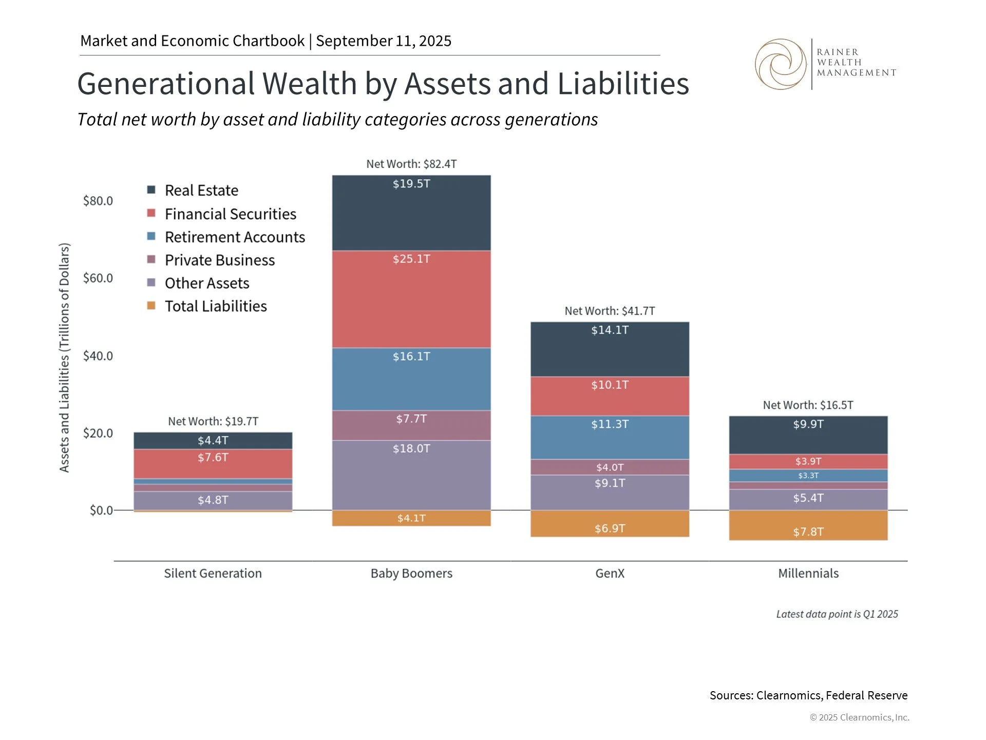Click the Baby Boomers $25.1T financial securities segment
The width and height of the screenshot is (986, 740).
pyautogui.click(x=411, y=299)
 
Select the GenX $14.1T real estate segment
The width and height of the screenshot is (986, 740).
pyautogui.click(x=610, y=349)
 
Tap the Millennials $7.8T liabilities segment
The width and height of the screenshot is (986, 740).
pyautogui.click(x=808, y=525)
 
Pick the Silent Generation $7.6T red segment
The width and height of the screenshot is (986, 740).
pyautogui.click(x=213, y=464)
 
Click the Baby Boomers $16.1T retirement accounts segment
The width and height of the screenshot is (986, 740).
pyautogui.click(x=411, y=379)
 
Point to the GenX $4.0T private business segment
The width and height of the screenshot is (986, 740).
pyautogui.click(x=610, y=467)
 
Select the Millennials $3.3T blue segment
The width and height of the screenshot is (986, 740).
pyautogui.click(x=808, y=475)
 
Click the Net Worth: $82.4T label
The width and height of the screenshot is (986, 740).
pyautogui.click(x=411, y=164)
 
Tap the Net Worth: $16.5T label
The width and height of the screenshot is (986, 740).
pyautogui.click(x=808, y=405)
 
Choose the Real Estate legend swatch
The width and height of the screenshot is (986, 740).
pyautogui.click(x=151, y=190)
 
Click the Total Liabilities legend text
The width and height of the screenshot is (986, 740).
pyautogui.click(x=216, y=306)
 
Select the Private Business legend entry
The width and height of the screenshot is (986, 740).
pyautogui.click(x=219, y=260)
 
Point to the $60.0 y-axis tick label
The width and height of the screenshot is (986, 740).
pyautogui.click(x=98, y=278)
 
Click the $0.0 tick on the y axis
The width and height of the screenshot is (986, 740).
pyautogui.click(x=101, y=510)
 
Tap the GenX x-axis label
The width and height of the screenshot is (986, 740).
pyautogui.click(x=610, y=573)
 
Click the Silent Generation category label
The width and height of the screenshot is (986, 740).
pyautogui.click(x=213, y=573)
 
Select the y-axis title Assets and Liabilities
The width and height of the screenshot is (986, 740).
pyautogui.click(x=64, y=357)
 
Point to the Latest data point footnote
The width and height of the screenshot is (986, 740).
pyautogui.click(x=837, y=614)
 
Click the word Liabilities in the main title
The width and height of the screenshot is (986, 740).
pyautogui.click(x=623, y=84)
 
